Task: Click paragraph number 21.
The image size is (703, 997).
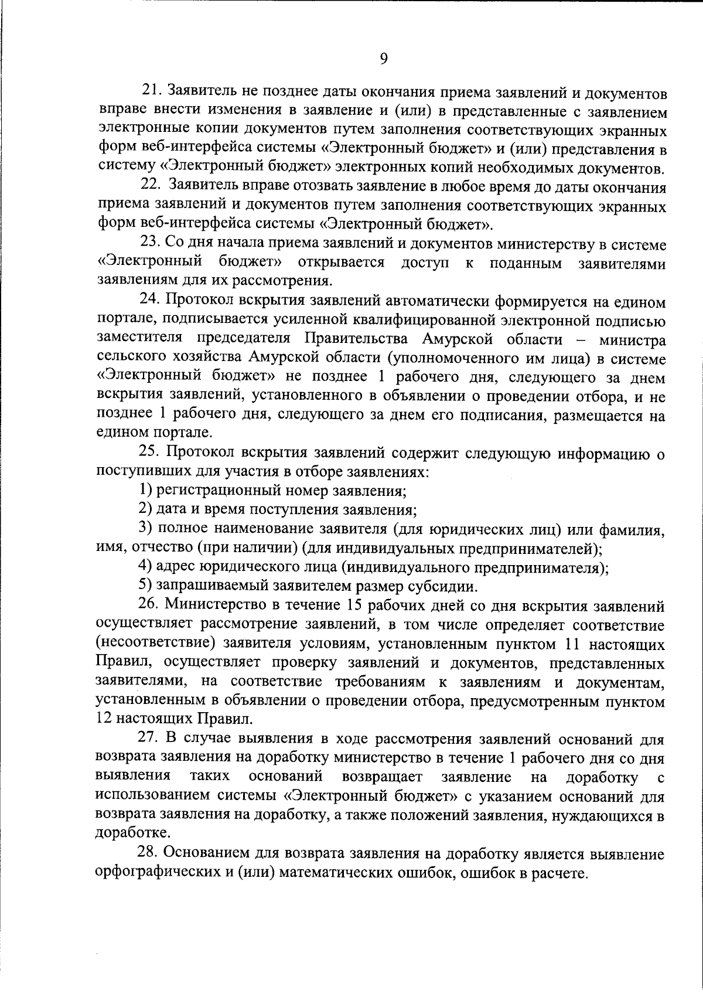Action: pyautogui.click(x=151, y=91)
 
